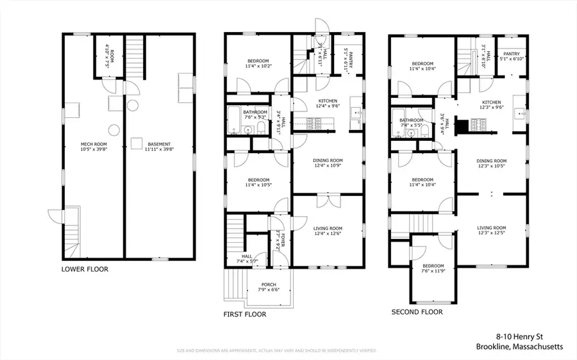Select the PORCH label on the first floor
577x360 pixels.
[x=268, y=285]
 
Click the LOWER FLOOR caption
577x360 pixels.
[x=85, y=270]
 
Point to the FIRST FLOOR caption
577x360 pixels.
[x=244, y=315]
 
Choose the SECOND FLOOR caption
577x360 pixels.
[x=417, y=313]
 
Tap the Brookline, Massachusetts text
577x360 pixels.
[x=519, y=347]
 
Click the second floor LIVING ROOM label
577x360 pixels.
[x=492, y=227]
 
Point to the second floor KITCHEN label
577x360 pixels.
[x=492, y=102]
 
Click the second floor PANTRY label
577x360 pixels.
[x=511, y=54]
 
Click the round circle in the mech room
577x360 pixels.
[x=113, y=131]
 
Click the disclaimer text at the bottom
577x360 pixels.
[x=276, y=351]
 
